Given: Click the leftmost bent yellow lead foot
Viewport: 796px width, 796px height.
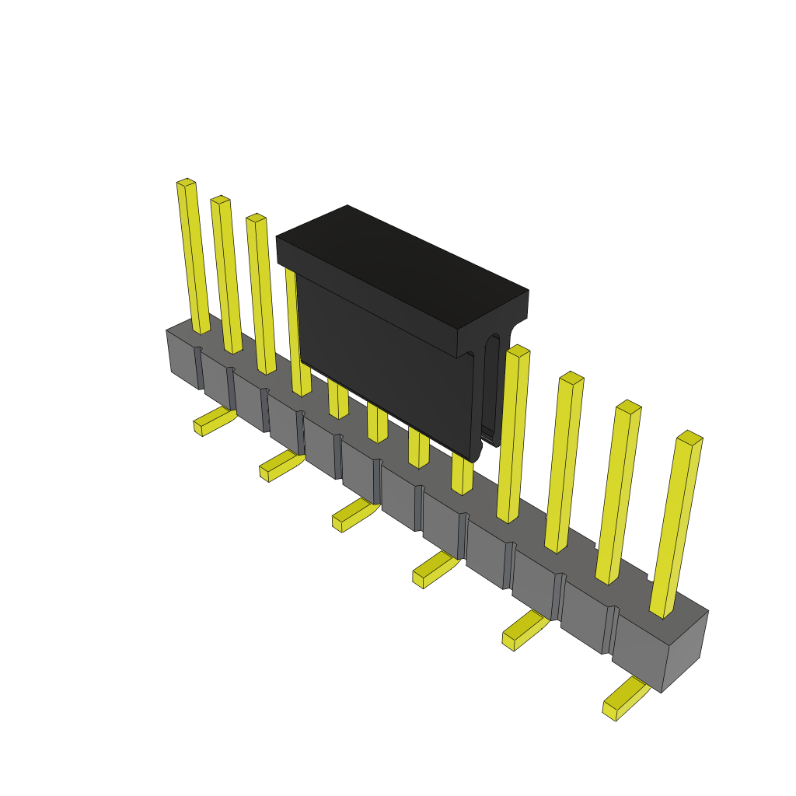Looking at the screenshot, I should [x=214, y=421].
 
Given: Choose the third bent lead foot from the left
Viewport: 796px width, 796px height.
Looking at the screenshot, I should [x=354, y=514].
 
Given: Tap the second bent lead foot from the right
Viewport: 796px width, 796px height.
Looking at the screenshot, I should [x=524, y=629].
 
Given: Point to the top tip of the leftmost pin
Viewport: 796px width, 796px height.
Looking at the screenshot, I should [x=186, y=183].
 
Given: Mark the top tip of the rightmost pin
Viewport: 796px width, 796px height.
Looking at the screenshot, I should [x=690, y=438].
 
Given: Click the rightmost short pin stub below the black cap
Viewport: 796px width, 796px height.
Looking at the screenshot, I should [x=462, y=474].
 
